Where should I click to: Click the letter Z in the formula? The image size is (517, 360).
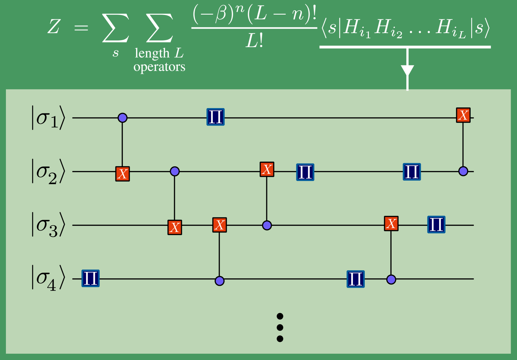click(54, 26)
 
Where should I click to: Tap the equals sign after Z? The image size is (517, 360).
click(81, 28)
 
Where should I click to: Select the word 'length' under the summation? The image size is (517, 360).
click(152, 53)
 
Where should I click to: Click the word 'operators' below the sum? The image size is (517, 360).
click(159, 67)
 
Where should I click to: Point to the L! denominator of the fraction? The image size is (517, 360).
click(254, 41)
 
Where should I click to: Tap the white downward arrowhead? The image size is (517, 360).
click(407, 70)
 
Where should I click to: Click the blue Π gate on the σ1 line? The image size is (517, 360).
click(215, 117)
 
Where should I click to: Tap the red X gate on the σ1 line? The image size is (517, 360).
click(463, 115)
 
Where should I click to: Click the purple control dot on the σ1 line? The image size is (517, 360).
click(123, 118)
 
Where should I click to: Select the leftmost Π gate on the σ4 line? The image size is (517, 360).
click(91, 278)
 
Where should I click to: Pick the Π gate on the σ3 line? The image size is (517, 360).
click(436, 224)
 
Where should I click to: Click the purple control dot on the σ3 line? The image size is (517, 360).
click(267, 225)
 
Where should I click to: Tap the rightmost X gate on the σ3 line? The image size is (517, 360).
click(391, 224)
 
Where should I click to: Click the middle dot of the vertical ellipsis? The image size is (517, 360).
click(280, 327)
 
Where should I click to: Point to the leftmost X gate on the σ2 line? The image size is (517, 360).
click(123, 174)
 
